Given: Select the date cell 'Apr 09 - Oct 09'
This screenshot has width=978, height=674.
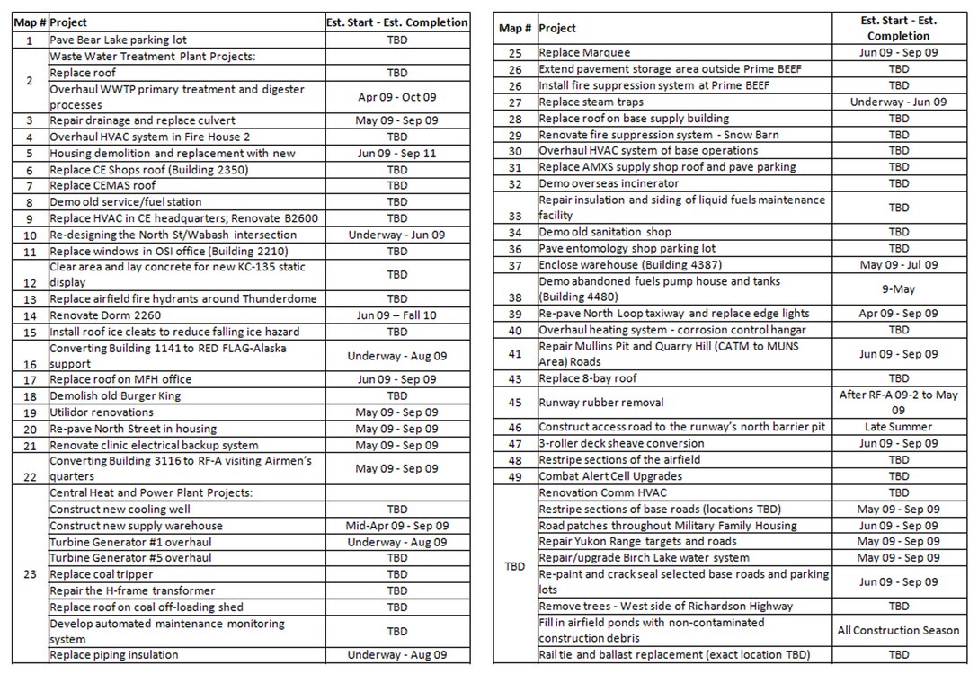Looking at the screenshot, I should coord(396,97).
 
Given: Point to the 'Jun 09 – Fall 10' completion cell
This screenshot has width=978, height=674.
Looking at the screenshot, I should coord(396,315).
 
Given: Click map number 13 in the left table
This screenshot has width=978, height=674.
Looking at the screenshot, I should coord(30,299).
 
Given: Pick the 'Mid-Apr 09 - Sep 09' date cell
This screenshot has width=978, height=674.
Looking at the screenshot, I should coord(396,526).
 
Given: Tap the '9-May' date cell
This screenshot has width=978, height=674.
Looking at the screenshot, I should coord(898,289).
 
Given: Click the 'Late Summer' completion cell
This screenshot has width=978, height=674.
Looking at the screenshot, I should coord(898,427).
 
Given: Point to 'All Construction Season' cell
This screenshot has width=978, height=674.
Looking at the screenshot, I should coord(898,631).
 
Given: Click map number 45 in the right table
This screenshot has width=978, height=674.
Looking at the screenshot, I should coord(515,403).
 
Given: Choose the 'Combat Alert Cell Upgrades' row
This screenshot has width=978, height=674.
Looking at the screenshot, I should coord(610,476).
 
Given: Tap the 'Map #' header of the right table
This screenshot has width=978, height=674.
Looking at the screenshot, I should coord(515,29).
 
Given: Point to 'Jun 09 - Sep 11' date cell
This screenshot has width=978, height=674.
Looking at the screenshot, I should coord(396,154).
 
